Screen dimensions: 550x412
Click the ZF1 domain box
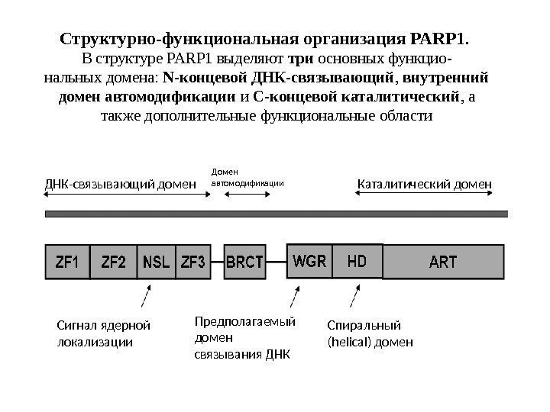coord(67,262)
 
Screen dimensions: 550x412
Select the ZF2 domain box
coord(114,262)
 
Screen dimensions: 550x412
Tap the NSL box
coord(157,262)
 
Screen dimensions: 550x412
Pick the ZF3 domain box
coord(193,262)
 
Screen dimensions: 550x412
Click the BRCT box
coord(244,262)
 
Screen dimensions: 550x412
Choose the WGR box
coord(310,262)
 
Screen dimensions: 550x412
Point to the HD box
coord(357,262)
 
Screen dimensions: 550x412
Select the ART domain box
coord(443,262)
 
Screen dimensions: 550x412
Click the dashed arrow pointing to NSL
coord(146,298)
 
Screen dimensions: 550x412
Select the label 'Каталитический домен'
coord(425,184)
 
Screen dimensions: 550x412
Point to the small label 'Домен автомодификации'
coord(247,179)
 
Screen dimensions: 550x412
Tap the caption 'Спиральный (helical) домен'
coord(370,334)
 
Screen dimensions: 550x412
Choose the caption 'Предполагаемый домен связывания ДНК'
coord(244,338)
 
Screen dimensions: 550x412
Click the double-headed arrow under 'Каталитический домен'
coord(425,196)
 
